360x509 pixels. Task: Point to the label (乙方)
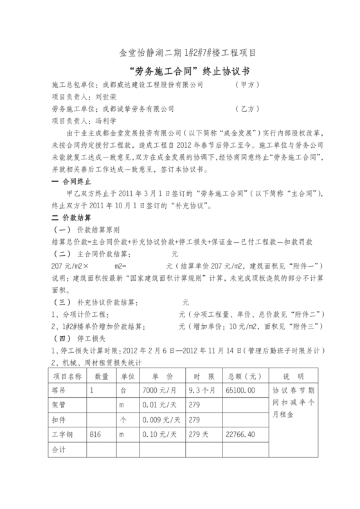coord(248,109)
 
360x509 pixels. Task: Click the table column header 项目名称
coord(66,376)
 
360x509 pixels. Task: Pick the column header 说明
coord(295,376)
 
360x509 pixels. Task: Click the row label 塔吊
coord(59,390)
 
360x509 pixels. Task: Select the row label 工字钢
coord(62,435)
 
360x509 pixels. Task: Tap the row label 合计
coord(59,451)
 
